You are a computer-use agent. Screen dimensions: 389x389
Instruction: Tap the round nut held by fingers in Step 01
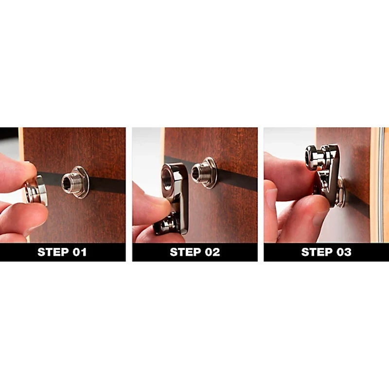point(37,190)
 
